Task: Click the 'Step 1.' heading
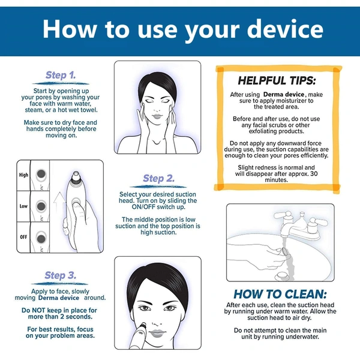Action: coord(61,75)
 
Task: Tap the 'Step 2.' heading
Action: coord(158,178)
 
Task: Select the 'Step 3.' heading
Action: coord(61,275)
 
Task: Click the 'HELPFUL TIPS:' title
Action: coord(277,80)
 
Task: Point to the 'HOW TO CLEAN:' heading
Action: coord(280,294)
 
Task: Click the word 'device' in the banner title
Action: coord(285,29)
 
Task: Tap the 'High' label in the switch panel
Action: coord(23,175)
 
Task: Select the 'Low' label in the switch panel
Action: coord(23,206)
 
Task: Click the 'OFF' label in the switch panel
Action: coord(23,237)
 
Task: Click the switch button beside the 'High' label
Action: coord(41,174)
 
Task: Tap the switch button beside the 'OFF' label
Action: coord(41,239)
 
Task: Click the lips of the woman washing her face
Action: coord(157,116)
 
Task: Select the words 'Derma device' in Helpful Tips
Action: coord(284,94)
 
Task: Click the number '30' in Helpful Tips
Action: coord(314,173)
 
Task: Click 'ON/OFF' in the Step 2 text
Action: coord(143,207)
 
